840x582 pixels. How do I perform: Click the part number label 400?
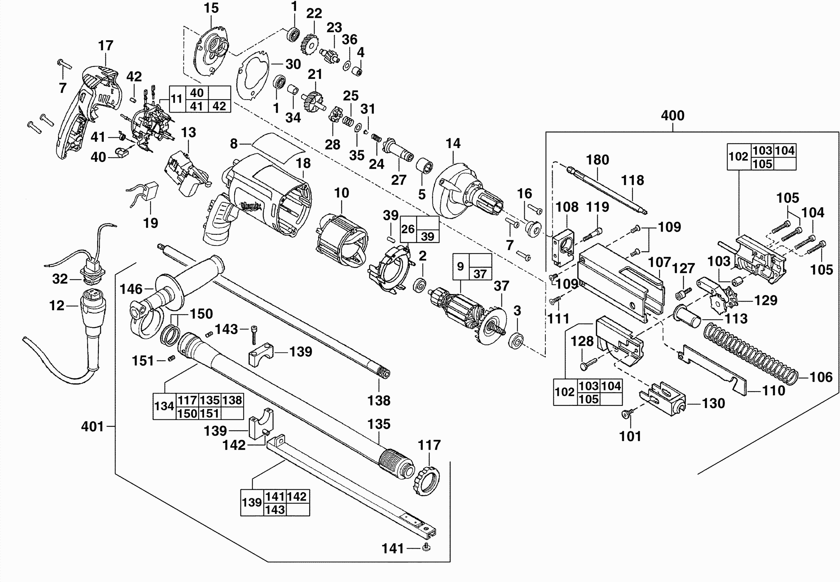(673, 116)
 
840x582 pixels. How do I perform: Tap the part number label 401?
(93, 426)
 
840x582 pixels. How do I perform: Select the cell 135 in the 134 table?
(210, 400)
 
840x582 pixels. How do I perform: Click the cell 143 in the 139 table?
(275, 509)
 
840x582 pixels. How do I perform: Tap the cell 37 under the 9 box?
(480, 274)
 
